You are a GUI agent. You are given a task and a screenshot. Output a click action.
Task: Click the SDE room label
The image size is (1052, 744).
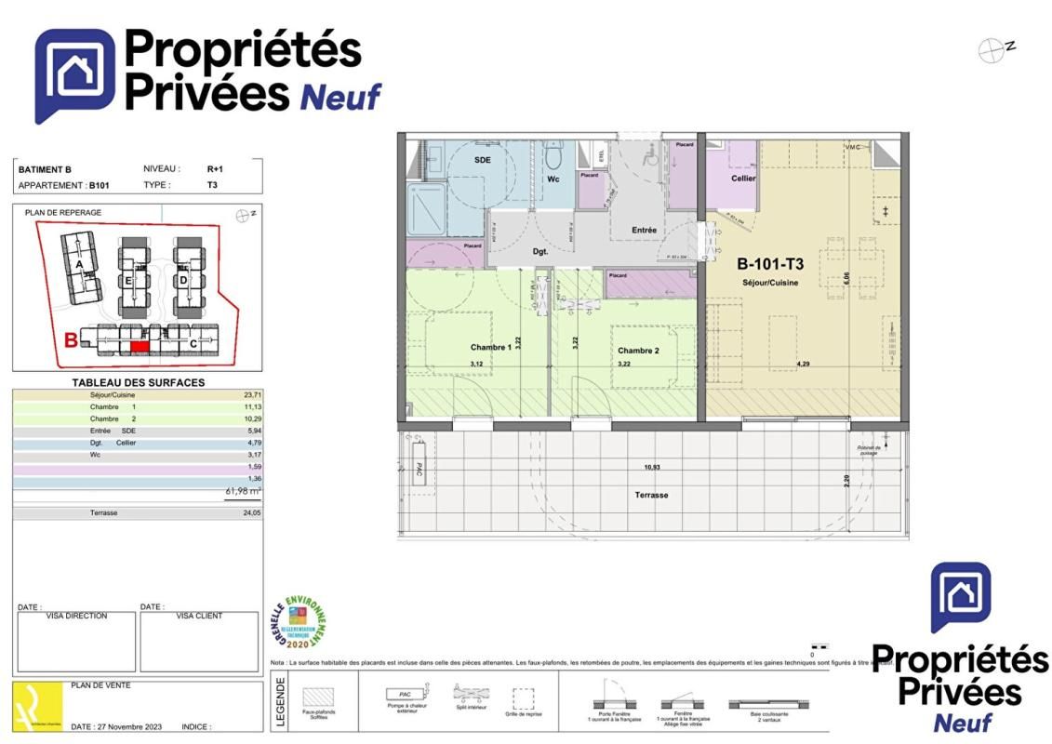482,160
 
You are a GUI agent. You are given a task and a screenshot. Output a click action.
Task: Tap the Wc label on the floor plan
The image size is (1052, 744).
553,179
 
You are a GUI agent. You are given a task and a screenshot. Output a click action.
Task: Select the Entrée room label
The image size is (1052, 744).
644,230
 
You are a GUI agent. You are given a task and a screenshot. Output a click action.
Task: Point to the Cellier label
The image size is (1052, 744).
743,178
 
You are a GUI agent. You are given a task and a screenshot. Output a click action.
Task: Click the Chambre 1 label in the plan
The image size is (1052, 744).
490,347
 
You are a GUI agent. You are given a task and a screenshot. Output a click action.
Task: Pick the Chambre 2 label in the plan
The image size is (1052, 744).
638,351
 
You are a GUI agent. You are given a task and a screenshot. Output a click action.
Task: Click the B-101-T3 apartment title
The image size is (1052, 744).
770,263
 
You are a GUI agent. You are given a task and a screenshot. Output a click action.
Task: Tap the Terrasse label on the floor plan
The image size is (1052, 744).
651,495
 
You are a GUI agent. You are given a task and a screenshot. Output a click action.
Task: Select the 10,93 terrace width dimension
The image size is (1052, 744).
651,467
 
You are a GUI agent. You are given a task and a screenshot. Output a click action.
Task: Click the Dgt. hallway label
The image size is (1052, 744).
540,250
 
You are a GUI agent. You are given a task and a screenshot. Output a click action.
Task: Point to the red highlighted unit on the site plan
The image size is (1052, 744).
140,346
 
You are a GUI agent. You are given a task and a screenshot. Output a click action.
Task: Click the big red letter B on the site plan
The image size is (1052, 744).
71,339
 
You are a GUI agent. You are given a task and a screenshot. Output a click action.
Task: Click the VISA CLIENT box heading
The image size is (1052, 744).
199,616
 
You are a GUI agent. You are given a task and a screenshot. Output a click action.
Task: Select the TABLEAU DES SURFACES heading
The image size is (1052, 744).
138,382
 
